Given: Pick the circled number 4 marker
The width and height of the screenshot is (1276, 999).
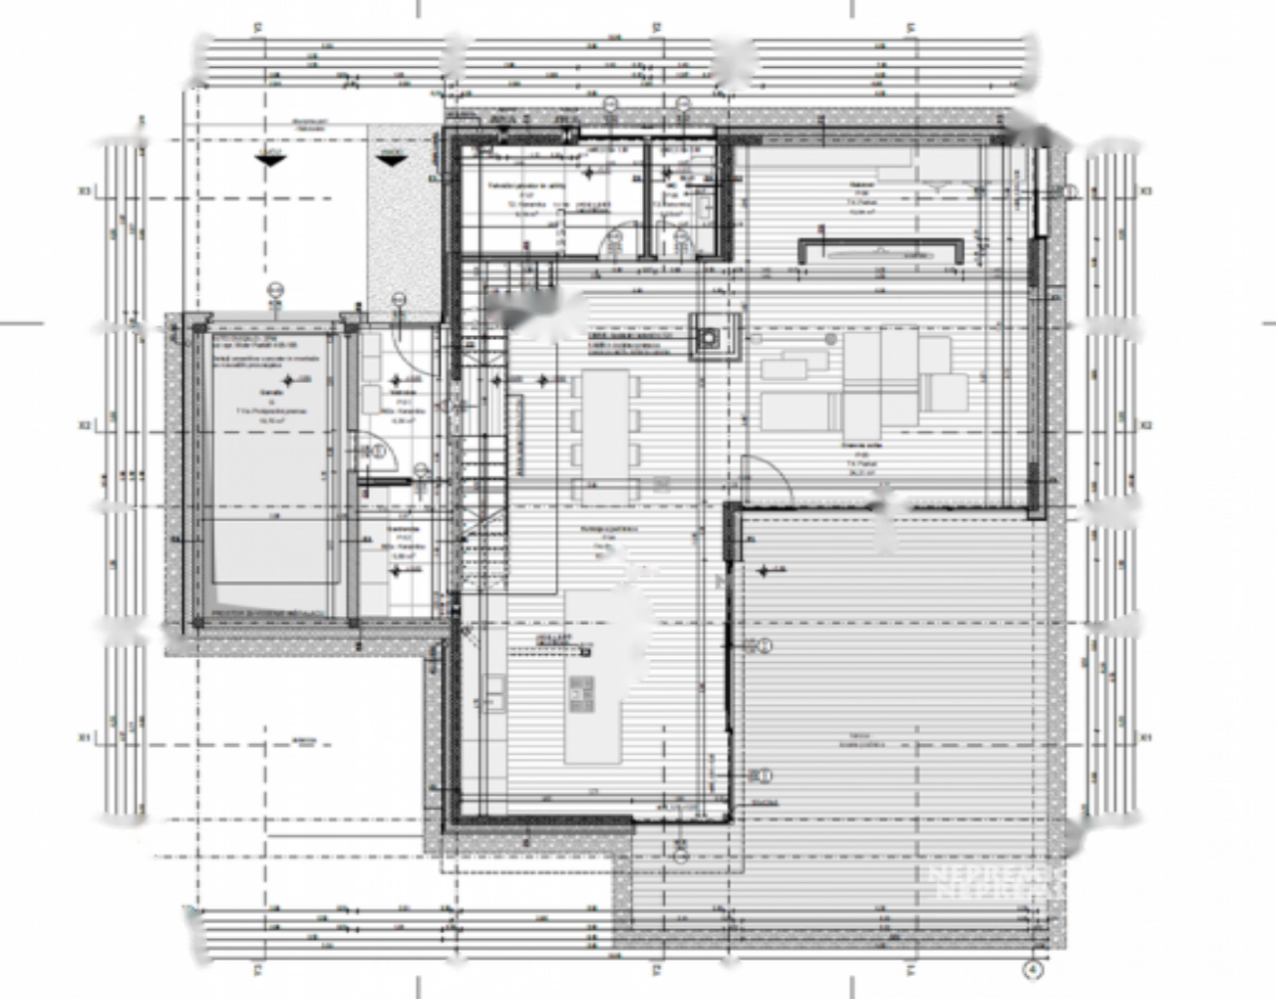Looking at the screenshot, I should [x=1035, y=968].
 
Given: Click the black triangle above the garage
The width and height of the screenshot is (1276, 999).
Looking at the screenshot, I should [x=270, y=158].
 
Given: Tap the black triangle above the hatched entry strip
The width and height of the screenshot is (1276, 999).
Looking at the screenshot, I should [x=391, y=158].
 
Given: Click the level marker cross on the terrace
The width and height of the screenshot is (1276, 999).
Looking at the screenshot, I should [x=765, y=571].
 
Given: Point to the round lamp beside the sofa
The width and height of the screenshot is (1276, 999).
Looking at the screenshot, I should [x=829, y=340].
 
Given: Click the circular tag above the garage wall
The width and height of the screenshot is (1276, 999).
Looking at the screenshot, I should [x=275, y=291].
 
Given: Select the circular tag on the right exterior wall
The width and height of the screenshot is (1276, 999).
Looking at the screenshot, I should [x=1071, y=191].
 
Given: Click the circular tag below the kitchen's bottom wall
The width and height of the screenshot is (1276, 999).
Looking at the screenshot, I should [x=680, y=855].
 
